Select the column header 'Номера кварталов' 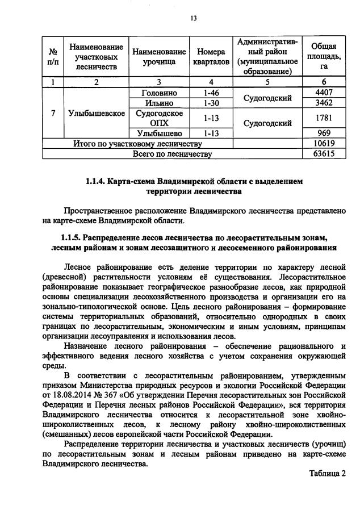pos(210,56)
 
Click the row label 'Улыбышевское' pos(96,113)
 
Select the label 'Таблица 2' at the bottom pos(327,473)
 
